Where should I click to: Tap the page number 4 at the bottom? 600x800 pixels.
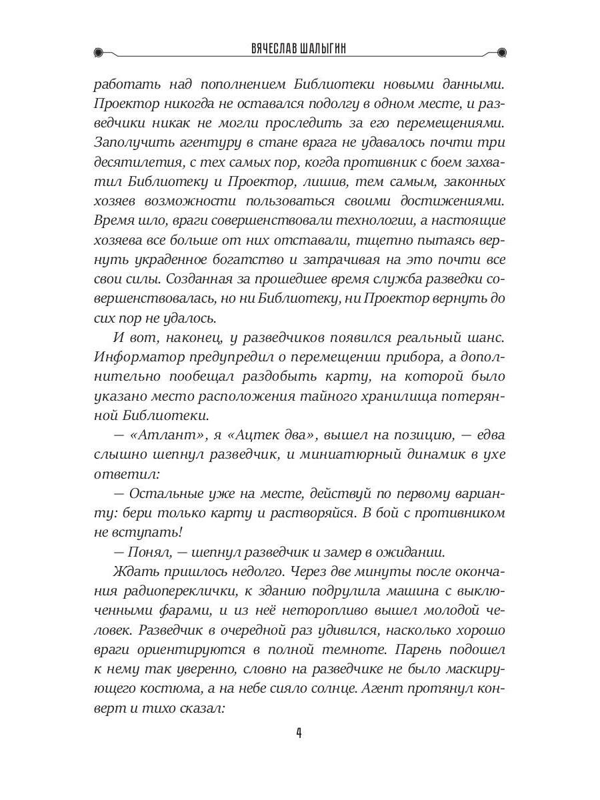coord(299,733)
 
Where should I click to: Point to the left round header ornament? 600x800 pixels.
coord(99,51)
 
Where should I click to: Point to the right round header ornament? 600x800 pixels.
coord(501,51)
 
